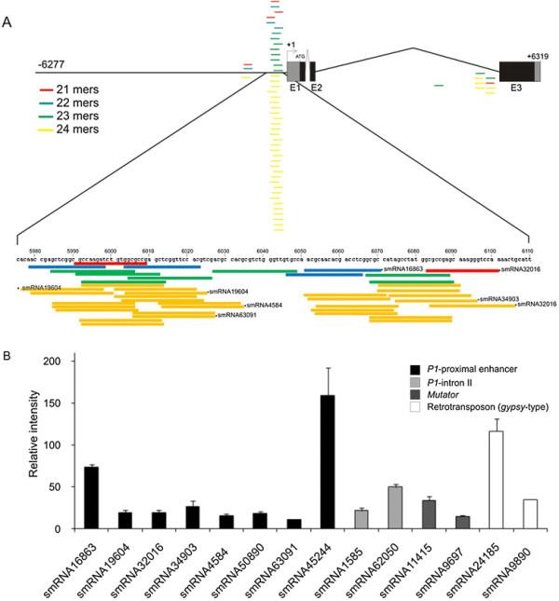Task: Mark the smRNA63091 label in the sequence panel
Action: coord(238,315)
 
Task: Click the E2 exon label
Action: coord(317,87)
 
